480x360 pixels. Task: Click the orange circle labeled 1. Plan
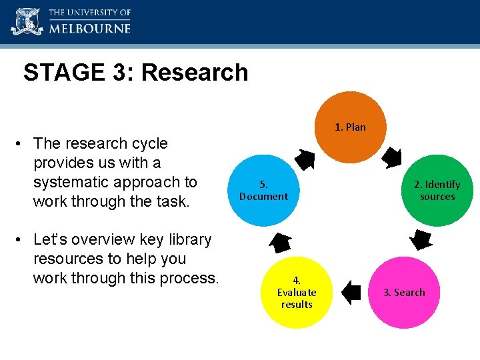[350, 127]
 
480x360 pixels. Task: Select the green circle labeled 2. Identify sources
[437, 191]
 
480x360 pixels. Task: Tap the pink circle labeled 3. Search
[403, 292]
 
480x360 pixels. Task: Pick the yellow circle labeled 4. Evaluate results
[297, 293]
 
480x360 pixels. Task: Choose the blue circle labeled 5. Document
[263, 191]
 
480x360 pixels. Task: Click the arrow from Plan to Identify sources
[392, 157]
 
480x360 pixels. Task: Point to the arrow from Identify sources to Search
[420, 239]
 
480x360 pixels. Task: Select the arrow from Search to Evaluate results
[350, 292]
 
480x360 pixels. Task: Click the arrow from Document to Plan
[306, 159]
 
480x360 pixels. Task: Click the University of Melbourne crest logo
[26, 21]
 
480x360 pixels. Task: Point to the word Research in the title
[194, 73]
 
